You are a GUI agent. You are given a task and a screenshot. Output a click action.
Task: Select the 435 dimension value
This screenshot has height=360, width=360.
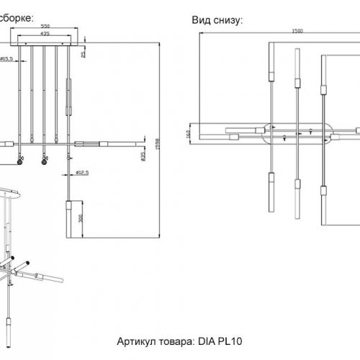[45, 33]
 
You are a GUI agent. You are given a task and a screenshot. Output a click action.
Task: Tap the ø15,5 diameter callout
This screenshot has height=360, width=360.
[9, 59]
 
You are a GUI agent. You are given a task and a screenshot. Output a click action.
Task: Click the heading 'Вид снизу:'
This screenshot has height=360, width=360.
[217, 20]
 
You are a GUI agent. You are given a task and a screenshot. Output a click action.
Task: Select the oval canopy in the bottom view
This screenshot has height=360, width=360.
[300, 133]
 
